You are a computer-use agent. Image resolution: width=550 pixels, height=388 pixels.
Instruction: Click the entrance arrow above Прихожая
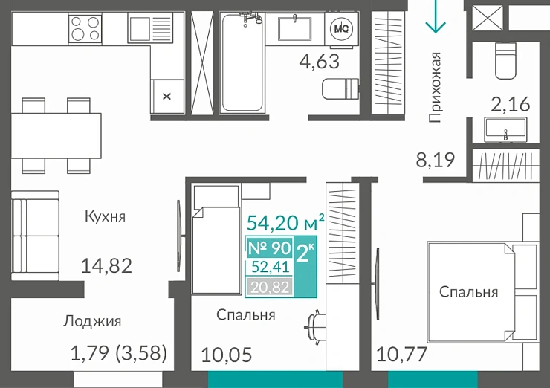click(435, 18)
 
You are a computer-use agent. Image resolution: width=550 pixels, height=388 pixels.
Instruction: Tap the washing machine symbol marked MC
click(342, 28)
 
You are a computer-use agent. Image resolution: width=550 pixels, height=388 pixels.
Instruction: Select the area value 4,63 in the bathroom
click(319, 61)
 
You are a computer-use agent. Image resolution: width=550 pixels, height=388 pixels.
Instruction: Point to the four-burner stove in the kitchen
click(85, 28)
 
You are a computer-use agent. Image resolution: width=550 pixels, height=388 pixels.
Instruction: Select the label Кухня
click(105, 217)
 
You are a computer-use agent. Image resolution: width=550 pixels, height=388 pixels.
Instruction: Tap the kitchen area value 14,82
click(106, 266)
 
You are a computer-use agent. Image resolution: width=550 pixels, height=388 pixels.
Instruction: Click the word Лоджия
click(92, 321)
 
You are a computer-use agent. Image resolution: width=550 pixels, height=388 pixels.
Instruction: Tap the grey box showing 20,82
click(268, 286)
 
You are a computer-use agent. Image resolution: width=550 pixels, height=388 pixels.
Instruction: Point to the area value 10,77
click(402, 355)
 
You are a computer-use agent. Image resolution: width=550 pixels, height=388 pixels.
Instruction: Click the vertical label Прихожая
click(436, 86)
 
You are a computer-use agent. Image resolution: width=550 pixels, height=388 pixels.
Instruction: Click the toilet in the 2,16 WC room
click(508, 59)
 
